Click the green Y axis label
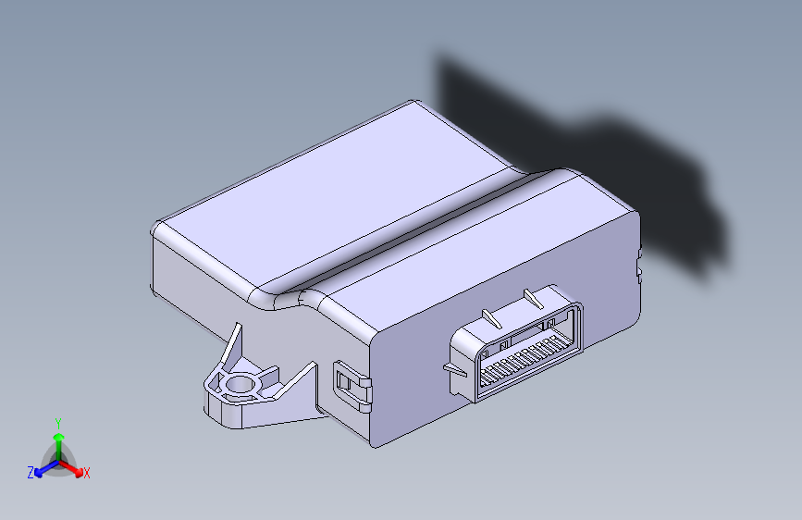pyautogui.click(x=58, y=424)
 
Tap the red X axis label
pyautogui.click(x=86, y=473)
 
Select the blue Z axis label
pyautogui.click(x=31, y=473)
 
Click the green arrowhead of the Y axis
pyautogui.click(x=59, y=437)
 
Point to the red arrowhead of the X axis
pyautogui.click(x=78, y=472)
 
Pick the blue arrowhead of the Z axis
pyautogui.click(x=39, y=473)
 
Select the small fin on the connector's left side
pyautogui.click(x=455, y=369)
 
